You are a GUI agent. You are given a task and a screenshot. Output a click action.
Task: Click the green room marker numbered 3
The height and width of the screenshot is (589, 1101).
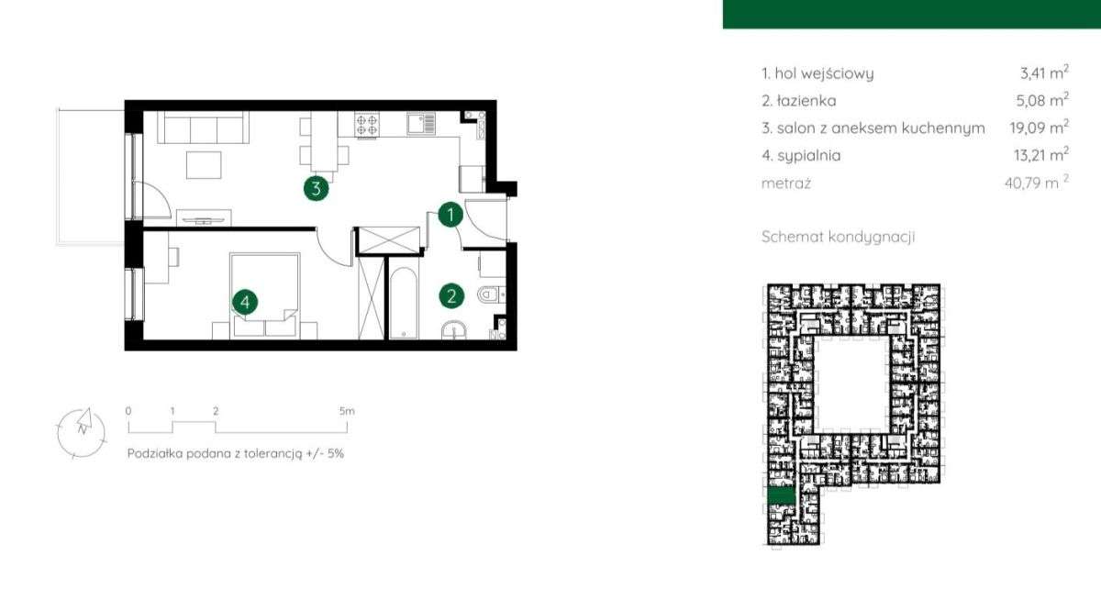pos(316,188)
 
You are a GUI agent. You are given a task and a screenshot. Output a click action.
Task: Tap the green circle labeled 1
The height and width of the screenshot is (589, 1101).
pos(450,215)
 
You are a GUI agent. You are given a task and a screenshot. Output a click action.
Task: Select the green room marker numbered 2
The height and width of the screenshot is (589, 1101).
pos(451,296)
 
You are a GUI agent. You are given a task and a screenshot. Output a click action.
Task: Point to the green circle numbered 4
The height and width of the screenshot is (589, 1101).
pos(245,302)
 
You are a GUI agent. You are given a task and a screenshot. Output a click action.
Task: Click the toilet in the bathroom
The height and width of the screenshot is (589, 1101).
pos(491,294)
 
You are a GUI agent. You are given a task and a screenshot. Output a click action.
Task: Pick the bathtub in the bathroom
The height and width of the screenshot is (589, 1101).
pos(404,303)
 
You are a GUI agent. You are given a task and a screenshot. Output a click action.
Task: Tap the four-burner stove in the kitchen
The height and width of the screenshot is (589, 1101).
pos(367,125)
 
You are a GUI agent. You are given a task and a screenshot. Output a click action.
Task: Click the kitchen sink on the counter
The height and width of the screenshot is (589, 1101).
pos(421,124)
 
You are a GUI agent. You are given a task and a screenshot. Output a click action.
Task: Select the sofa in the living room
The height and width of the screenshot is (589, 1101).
pos(203,127)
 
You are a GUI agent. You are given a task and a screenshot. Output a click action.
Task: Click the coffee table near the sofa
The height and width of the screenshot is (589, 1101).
pos(204,165)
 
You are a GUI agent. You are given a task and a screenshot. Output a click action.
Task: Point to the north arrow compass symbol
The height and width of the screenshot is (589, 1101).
pos(82,433)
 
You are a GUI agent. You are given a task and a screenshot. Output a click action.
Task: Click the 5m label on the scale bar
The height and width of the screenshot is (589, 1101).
pos(347,411)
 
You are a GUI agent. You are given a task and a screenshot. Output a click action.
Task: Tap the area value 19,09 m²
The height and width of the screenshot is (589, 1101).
pos(1039,128)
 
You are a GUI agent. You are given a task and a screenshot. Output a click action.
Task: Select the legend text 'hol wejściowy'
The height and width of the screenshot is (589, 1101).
pos(824,73)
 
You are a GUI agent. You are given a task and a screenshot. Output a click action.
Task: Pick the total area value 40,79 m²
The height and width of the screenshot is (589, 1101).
pos(1037,183)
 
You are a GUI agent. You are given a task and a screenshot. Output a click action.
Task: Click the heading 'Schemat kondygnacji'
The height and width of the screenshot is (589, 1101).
pos(838,237)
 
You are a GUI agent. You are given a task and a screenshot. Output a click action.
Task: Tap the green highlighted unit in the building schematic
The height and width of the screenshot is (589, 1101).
pos(782,495)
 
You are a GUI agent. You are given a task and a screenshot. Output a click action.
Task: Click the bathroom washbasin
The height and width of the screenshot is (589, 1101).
pos(453,330)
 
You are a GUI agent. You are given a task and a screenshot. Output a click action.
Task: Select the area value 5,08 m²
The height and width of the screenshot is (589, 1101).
pos(1042,100)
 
